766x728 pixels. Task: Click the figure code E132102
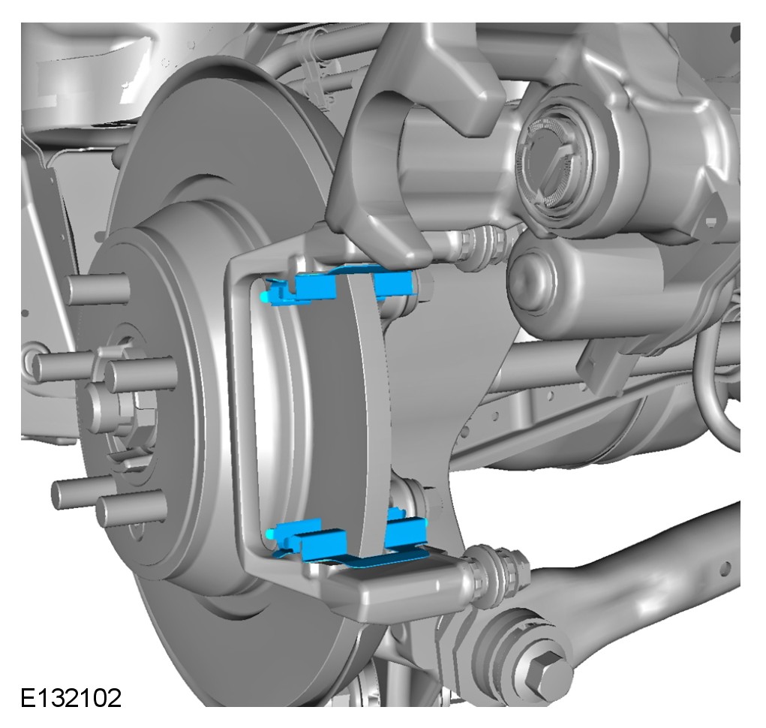[71, 698]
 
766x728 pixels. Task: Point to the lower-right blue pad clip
[405, 530]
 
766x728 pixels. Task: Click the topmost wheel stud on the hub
[98, 288]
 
